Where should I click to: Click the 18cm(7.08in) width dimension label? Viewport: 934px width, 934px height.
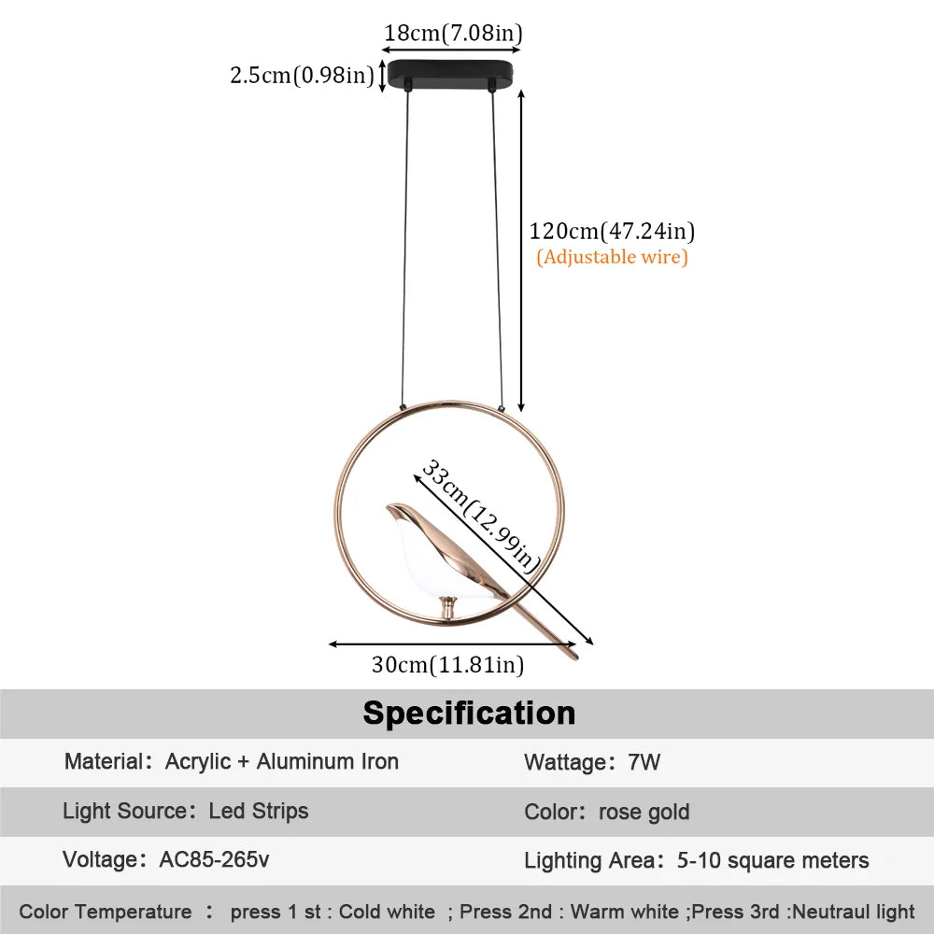click(453, 34)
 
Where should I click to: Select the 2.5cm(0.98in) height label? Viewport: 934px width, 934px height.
click(302, 75)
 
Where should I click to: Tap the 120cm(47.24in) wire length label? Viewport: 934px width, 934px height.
click(612, 231)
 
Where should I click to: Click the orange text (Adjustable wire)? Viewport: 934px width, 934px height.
click(612, 257)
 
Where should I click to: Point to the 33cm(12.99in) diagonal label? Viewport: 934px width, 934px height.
click(481, 516)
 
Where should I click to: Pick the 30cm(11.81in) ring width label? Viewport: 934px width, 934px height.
click(447, 665)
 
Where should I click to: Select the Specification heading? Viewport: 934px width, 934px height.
click(469, 713)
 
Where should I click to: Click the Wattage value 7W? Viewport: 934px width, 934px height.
click(644, 762)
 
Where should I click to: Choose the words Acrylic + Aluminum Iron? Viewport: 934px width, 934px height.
click(282, 761)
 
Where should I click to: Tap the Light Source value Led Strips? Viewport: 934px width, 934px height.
click(259, 811)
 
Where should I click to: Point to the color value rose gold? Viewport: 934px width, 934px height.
click(644, 812)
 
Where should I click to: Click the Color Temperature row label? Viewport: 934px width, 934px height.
click(105, 912)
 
